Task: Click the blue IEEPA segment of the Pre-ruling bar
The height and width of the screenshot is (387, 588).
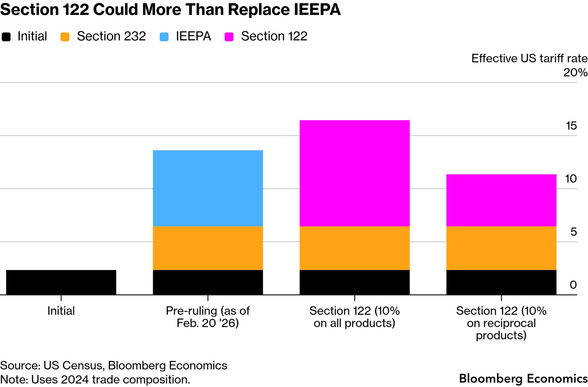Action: (x=208, y=188)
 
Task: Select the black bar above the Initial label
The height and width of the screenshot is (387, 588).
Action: (x=61, y=282)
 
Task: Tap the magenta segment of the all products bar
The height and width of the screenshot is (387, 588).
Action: (x=354, y=173)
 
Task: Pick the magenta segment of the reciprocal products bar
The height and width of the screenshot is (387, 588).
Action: (x=501, y=200)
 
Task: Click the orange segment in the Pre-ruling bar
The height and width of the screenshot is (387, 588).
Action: (x=208, y=248)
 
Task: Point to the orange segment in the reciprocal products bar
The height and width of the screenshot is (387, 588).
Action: (x=501, y=248)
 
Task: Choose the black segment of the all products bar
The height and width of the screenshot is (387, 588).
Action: (x=354, y=282)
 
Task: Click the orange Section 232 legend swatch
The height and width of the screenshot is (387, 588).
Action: (x=65, y=37)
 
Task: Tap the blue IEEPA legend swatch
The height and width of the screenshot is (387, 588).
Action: (x=164, y=37)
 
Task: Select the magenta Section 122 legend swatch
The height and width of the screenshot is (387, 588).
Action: (x=229, y=37)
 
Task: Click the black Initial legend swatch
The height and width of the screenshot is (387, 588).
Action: (x=6, y=37)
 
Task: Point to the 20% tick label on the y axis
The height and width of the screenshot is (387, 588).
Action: (x=575, y=72)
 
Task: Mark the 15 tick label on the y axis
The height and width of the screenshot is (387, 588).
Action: (x=571, y=126)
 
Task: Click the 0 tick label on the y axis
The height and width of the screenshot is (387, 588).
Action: (x=573, y=285)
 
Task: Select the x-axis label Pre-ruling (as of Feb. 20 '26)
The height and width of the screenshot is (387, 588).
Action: (x=208, y=317)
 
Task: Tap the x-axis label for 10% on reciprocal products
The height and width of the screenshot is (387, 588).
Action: (x=501, y=323)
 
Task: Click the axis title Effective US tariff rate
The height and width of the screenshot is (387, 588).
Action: (x=529, y=58)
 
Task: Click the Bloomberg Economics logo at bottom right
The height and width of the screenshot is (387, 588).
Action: (x=523, y=378)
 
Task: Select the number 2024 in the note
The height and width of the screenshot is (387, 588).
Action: (x=75, y=380)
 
